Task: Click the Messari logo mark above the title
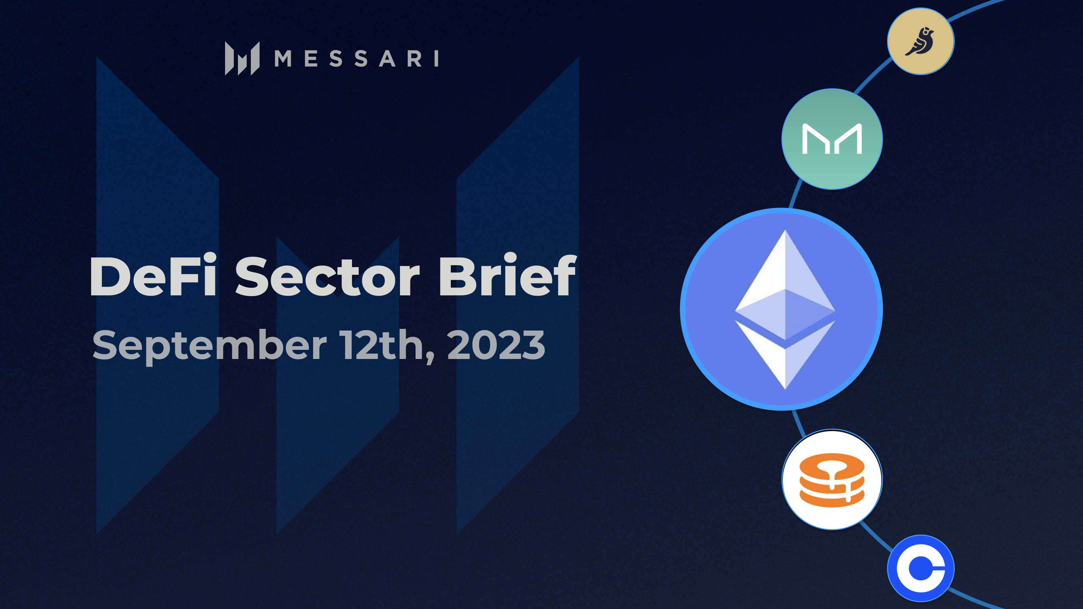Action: (x=242, y=59)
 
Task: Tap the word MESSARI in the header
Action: (x=356, y=59)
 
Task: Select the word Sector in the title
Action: (x=327, y=276)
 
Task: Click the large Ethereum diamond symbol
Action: (x=784, y=309)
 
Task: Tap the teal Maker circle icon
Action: (x=832, y=139)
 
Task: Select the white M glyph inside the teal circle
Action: (x=832, y=139)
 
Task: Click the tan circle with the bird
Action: (x=921, y=41)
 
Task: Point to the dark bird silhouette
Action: (x=921, y=41)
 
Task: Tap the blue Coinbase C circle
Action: (x=921, y=568)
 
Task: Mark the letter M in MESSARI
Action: (x=283, y=59)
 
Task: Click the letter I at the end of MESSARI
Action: (x=436, y=59)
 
